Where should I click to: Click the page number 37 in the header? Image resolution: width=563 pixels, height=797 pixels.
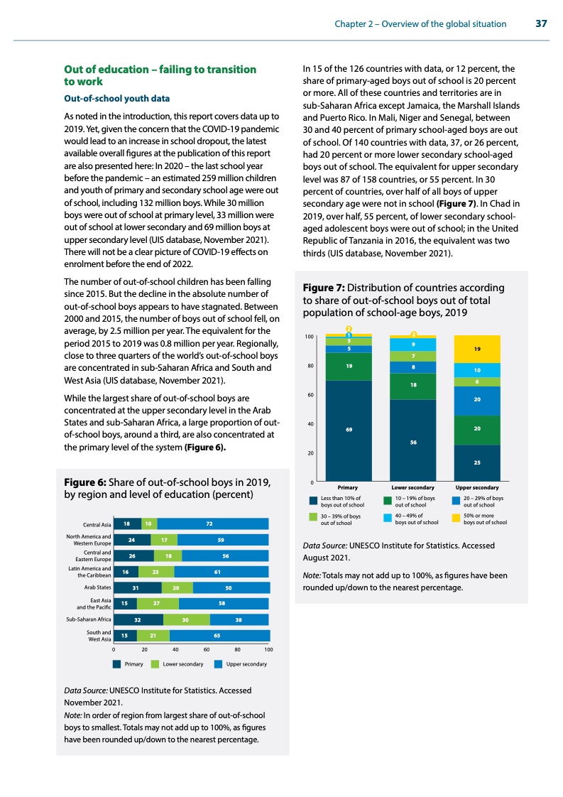coord(541,23)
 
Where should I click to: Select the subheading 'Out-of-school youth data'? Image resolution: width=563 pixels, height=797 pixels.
coord(116,98)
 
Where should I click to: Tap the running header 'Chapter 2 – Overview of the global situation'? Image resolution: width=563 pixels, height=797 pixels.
coord(420,23)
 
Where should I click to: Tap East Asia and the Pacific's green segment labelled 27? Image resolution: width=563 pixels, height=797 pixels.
coord(158,603)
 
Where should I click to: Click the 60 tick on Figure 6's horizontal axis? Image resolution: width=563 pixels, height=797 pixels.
coord(206,649)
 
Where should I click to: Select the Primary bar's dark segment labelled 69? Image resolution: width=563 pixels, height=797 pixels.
coord(348,430)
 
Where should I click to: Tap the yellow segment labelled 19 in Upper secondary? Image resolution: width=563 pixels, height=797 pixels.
coord(477,349)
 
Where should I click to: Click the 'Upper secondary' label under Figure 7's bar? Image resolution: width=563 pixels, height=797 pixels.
coord(477,488)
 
